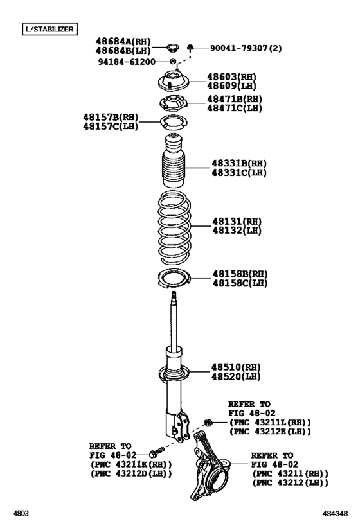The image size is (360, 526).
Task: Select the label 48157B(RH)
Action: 110,117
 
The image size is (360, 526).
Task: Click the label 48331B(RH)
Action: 239,163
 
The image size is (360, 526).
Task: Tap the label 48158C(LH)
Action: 240,283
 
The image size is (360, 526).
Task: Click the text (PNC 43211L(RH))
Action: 269,422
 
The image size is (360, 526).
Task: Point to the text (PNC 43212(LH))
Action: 290,482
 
